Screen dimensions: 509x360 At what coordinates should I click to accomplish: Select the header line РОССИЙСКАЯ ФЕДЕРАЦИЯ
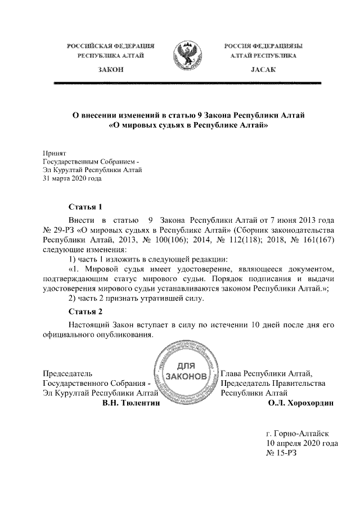click(x=111, y=45)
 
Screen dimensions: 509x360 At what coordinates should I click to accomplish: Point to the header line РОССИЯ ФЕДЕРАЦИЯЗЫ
click(x=263, y=45)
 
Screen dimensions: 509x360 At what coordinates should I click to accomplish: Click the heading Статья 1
click(x=85, y=206)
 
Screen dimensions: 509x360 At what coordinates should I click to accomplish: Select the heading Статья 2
click(x=85, y=311)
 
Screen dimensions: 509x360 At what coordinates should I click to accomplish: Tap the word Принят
click(x=55, y=152)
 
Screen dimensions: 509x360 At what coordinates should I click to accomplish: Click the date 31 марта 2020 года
click(x=72, y=179)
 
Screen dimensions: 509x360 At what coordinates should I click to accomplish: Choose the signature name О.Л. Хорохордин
click(x=301, y=403)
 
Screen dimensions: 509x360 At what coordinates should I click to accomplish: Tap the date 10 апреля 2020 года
click(x=301, y=443)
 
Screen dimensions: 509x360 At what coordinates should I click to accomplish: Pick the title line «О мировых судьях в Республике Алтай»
click(x=188, y=126)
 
